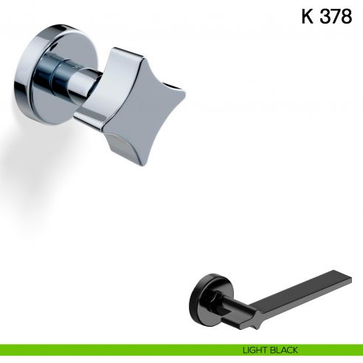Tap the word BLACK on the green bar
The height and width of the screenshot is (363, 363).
288,350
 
